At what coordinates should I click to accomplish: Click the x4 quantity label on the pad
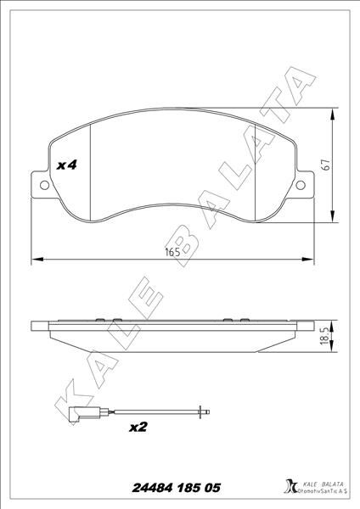coord(67,166)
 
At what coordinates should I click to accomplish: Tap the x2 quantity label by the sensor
coord(138,428)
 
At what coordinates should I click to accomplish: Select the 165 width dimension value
coord(172,253)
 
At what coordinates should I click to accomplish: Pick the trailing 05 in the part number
coord(211,488)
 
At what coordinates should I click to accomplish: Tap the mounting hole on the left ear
coord(42,182)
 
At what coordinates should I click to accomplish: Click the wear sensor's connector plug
coord(73,416)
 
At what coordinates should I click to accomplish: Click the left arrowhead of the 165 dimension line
coord(35,259)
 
